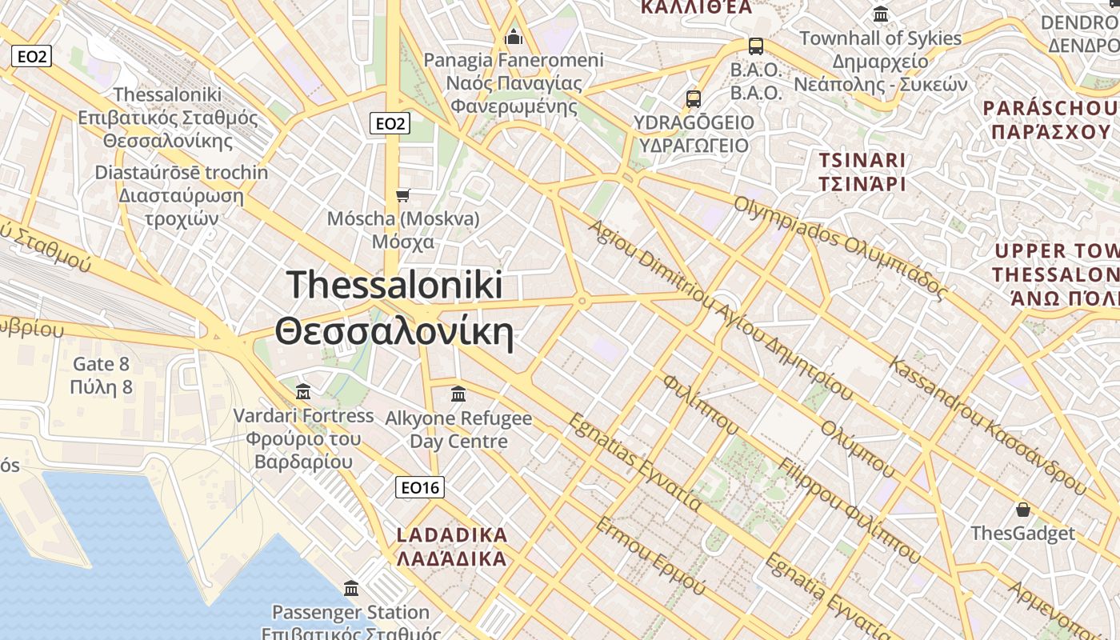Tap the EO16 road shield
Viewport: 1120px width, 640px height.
click(420, 487)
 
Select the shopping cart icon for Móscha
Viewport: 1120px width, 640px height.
click(403, 195)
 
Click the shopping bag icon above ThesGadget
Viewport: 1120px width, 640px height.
click(1022, 510)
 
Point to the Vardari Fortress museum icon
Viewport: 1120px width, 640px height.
click(303, 392)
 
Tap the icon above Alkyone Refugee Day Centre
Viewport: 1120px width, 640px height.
click(458, 394)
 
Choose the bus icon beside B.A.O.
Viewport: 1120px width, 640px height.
click(755, 46)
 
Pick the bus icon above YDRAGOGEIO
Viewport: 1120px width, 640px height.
click(694, 99)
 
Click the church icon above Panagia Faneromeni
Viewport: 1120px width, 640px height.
click(514, 37)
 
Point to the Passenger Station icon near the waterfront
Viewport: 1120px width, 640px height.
click(350, 589)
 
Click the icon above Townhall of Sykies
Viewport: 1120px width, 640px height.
click(881, 14)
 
